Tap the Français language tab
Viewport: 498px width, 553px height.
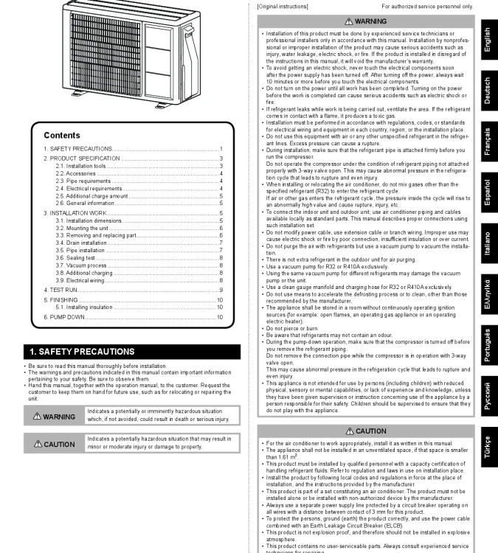coord(486,141)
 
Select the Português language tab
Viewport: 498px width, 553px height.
coord(486,346)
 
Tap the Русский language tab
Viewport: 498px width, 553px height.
coord(486,397)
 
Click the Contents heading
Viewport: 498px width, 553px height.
coord(62,136)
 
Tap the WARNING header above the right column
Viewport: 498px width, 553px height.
coord(365,22)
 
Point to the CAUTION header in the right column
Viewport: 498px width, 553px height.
coord(365,431)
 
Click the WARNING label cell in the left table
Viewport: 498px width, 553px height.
coord(54,417)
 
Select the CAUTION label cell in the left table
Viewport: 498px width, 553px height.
coord(54,445)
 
